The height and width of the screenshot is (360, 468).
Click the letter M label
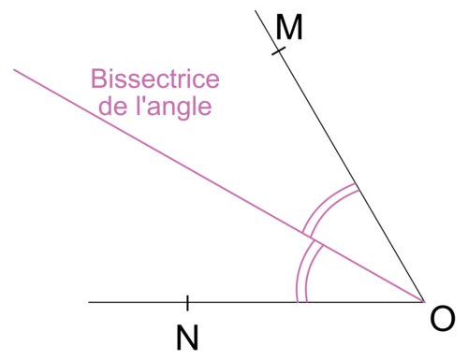289,29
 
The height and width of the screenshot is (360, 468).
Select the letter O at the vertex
442,320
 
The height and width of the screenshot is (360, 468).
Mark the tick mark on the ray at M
278,50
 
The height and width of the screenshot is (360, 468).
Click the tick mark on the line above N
187,302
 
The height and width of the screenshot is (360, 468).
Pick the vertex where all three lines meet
424,302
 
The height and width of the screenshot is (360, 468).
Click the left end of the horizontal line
90,302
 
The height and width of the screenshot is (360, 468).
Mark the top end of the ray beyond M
256,11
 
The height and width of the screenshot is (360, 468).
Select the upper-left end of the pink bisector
14,68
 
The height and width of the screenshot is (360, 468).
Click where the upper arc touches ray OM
357,186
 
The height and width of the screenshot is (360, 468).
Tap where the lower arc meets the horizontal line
301,302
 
